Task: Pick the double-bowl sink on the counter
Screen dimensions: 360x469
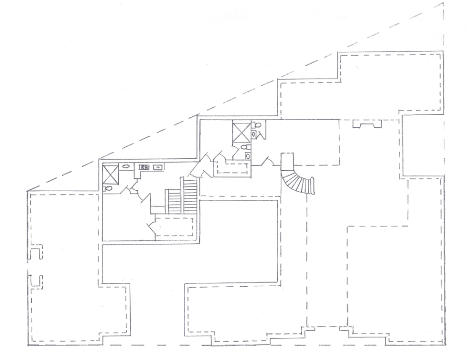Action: pos(143,167)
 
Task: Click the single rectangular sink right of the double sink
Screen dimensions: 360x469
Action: pos(159,167)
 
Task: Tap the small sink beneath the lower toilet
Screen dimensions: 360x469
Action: pos(248,156)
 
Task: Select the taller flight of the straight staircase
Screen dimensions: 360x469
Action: pos(190,194)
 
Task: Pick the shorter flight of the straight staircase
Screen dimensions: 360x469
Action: pos(174,202)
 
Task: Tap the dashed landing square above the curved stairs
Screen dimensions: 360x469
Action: pos(287,161)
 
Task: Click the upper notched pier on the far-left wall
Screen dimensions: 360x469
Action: pos(36,253)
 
